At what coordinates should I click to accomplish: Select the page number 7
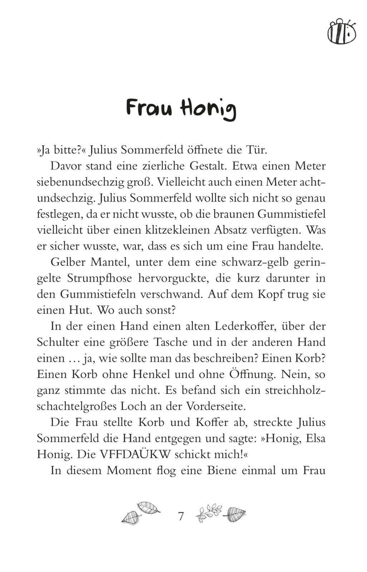(x=181, y=516)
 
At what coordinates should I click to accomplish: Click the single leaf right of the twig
(x=235, y=514)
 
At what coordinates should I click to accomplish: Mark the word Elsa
(x=315, y=438)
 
